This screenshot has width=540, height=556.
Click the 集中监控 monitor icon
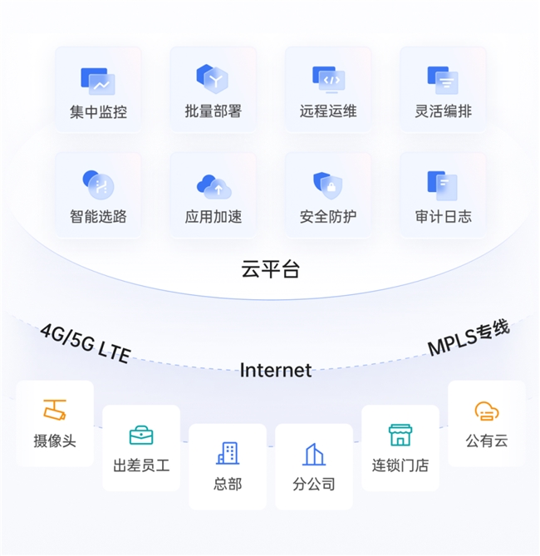[x=98, y=81]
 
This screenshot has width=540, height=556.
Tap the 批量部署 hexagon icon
[x=213, y=79]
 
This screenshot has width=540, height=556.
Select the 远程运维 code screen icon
[x=328, y=80]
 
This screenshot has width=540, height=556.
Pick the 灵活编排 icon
[x=443, y=80]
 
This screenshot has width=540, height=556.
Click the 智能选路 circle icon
[x=98, y=185]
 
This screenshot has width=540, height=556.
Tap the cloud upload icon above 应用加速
[x=214, y=186]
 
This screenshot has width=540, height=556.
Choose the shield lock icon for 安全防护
[x=327, y=185]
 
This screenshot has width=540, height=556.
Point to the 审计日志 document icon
[x=443, y=186]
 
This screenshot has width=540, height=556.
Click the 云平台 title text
[x=271, y=268]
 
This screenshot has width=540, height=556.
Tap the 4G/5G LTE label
[x=86, y=343]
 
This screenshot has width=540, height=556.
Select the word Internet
[x=276, y=370]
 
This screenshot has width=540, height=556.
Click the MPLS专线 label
[x=469, y=337]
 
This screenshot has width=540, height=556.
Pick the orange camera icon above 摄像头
[x=55, y=410]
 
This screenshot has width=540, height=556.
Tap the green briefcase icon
[x=141, y=435]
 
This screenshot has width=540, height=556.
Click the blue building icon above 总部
[x=228, y=453]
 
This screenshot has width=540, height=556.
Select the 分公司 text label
[x=314, y=484]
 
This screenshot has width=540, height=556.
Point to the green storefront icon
[x=400, y=435]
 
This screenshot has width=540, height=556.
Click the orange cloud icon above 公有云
[x=487, y=411]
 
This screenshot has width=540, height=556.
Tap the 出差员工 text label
[x=141, y=465]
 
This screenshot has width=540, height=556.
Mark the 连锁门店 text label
[x=400, y=465]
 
